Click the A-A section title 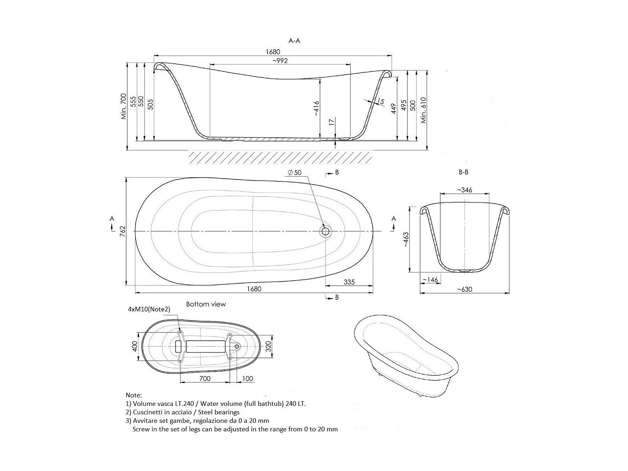[294, 41]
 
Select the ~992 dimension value [280, 61]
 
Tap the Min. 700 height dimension [124, 106]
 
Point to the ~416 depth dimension [316, 108]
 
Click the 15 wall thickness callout [380, 101]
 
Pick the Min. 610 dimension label [424, 110]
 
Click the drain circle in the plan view [325, 231]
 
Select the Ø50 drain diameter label [295, 172]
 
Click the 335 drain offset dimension [349, 282]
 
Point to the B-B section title [463, 172]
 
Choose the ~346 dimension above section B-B [464, 190]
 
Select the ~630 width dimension [464, 289]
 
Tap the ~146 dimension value [430, 280]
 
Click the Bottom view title [206, 304]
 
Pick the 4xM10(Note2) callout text [149, 309]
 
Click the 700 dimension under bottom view [205, 379]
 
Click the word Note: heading [134, 395]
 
